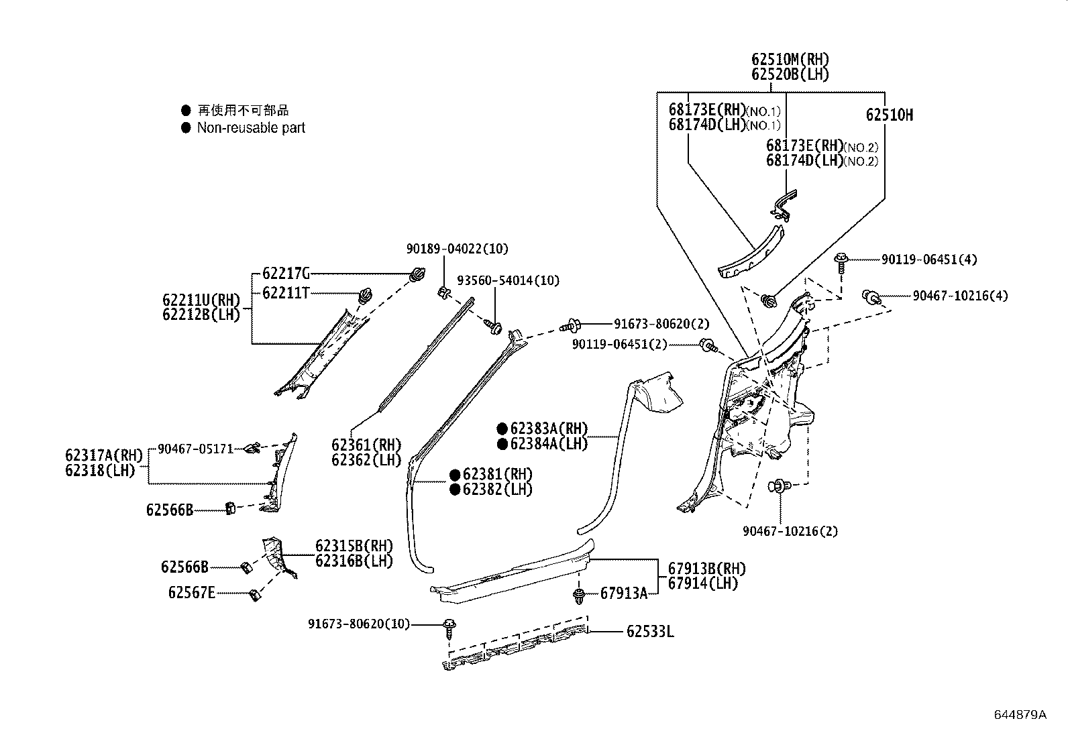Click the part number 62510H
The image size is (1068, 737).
click(x=889, y=115)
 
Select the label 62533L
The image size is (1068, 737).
click(x=650, y=632)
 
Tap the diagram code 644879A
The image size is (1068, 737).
click(x=1020, y=715)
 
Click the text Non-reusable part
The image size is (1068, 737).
click(x=251, y=127)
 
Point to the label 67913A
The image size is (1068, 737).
click(x=624, y=593)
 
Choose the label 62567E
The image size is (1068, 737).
click(x=192, y=593)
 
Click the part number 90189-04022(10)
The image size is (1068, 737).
click(x=457, y=249)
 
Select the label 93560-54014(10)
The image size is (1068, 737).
click(x=508, y=280)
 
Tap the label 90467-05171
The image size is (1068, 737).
click(x=196, y=449)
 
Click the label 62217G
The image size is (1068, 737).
click(x=286, y=274)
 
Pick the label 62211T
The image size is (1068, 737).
click(x=286, y=292)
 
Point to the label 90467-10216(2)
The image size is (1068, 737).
click(x=790, y=531)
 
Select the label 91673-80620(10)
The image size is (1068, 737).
click(x=359, y=624)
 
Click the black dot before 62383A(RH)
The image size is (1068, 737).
click(x=502, y=429)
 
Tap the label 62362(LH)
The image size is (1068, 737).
click(x=366, y=460)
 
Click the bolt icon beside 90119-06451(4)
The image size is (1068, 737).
click(x=841, y=259)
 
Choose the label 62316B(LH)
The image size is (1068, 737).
click(x=354, y=561)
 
